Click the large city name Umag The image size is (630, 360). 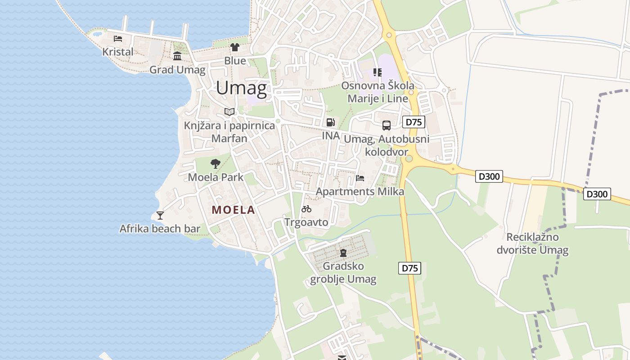point(241,88)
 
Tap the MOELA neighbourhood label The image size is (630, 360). point(233,210)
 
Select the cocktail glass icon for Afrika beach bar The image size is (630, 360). point(160,215)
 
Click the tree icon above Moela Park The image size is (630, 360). point(216,163)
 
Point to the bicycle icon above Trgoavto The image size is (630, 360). point(306,208)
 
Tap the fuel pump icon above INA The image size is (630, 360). point(330,122)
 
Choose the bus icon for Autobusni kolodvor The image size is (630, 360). point(386,126)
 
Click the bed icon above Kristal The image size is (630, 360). point(118,38)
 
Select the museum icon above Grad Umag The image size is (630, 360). point(177,56)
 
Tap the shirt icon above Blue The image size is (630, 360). point(235,47)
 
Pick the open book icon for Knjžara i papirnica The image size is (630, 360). point(229,112)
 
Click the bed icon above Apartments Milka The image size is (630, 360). point(360,178)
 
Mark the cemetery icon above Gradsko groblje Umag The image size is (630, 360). point(343,253)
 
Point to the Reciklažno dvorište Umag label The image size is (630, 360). point(533,243)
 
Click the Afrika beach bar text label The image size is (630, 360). point(160,229)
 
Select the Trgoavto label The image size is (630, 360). point(306,222)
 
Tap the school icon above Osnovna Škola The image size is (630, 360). point(377,72)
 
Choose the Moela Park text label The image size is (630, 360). point(216,177)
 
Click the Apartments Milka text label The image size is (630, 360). point(360,192)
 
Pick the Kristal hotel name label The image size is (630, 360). point(118,52)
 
